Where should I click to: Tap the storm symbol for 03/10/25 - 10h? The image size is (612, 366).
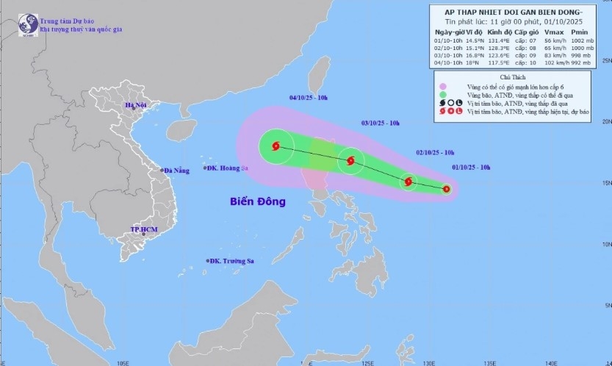click(x=350, y=161)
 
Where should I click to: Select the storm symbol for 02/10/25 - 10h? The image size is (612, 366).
click(x=408, y=182)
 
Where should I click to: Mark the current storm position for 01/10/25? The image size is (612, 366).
click(x=446, y=189)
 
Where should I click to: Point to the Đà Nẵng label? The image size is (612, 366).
click(x=177, y=171)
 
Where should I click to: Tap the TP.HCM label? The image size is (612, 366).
click(x=144, y=230)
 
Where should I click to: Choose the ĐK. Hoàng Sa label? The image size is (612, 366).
click(x=228, y=168)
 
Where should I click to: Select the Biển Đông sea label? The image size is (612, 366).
click(x=257, y=201)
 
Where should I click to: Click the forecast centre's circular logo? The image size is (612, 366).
click(x=29, y=23)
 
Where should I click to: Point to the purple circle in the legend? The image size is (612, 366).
click(x=443, y=87)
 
